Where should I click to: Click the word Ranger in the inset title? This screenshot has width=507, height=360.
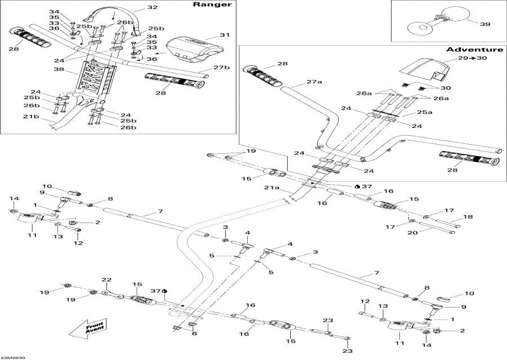tap(212, 4)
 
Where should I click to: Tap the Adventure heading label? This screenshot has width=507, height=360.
tap(475, 50)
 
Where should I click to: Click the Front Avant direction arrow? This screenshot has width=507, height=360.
tap(88, 327)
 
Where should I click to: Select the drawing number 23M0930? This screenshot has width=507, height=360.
tap(13, 357)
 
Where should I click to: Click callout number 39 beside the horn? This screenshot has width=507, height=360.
tap(485, 24)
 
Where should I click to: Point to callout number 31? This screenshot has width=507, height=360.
tap(224, 34)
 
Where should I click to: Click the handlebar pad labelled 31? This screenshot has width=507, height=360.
tap(195, 49)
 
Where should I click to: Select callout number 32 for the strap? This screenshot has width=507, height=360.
tap(152, 7)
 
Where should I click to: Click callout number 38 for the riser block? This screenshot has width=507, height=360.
tap(60, 69)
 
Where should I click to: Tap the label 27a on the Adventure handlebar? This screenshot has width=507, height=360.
tap(314, 82)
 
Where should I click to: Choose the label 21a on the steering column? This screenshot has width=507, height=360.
tap(272, 188)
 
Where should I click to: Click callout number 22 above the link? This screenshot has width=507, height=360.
tap(106, 280)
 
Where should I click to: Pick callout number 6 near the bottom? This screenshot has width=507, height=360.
tap(194, 333)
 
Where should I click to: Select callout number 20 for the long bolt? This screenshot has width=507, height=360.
tap(412, 232)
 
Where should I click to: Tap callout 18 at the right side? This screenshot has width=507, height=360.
tap(468, 217)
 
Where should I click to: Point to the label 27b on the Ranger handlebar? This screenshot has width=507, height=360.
tap(221, 67)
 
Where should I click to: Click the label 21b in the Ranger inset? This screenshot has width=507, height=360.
tap(31, 116)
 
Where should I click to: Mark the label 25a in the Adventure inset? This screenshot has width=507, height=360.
tap(425, 112)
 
